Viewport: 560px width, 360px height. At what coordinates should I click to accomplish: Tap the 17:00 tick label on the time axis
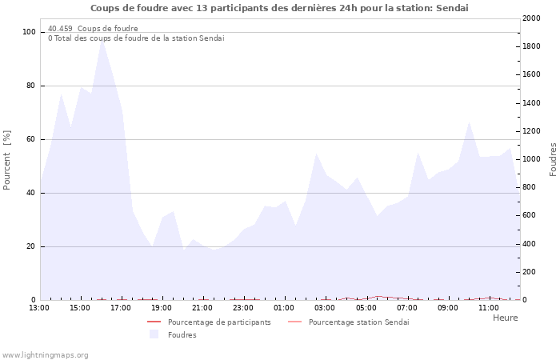[x=121, y=307]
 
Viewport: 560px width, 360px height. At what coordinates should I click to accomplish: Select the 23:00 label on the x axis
[x=243, y=307]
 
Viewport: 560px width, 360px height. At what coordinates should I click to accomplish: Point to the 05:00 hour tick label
[x=366, y=307]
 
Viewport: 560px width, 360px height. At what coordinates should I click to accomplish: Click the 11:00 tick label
[x=488, y=307]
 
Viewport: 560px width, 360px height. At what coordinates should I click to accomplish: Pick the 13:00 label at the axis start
[x=39, y=307]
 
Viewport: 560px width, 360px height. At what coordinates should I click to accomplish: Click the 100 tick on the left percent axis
[x=30, y=32]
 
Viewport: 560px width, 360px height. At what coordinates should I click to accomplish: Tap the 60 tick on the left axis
[x=32, y=139]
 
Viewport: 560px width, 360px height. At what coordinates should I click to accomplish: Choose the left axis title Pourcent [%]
[x=7, y=160]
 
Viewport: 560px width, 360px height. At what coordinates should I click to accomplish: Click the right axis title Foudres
[x=553, y=159]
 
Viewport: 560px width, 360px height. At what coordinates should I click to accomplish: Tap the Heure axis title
[x=505, y=318]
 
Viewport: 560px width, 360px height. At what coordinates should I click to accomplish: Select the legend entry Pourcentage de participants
[x=219, y=322]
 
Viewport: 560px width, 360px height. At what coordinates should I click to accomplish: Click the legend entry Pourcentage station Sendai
[x=358, y=322]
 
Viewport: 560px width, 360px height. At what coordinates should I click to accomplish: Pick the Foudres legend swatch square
[x=154, y=334]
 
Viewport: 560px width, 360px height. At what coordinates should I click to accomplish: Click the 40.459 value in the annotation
[x=60, y=29]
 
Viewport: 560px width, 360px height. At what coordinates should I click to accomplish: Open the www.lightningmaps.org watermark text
[x=45, y=355]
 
